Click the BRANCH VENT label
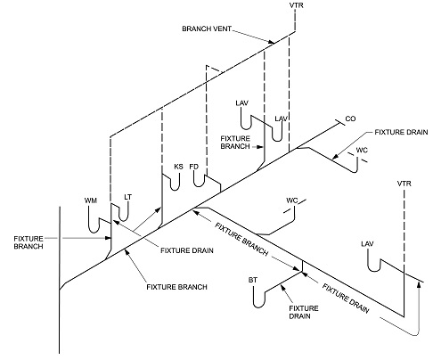[x=207, y=29]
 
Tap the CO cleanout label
[x=350, y=119]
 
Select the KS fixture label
[x=178, y=167]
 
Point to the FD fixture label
[x=193, y=167]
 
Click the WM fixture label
[x=91, y=200]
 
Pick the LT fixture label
[x=127, y=197]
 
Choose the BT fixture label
[x=253, y=280]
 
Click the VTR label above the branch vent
[x=297, y=5]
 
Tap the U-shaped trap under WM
[x=94, y=230]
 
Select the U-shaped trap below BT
[x=258, y=306]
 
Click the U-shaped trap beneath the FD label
[x=199, y=185]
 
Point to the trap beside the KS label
[x=176, y=189]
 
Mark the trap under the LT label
[x=124, y=220]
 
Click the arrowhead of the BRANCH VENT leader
[x=271, y=42]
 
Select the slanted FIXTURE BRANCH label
[x=241, y=239]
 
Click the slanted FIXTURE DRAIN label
[x=346, y=299]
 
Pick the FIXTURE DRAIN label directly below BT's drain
[x=304, y=312]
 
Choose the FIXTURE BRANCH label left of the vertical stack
[x=29, y=242]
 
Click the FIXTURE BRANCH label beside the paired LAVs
[x=235, y=143]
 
